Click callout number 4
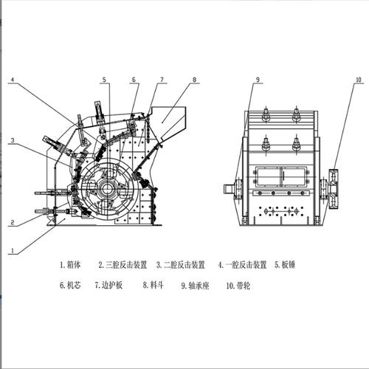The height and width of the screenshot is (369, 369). click(x=13, y=80)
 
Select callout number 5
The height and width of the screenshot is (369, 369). click(x=104, y=80)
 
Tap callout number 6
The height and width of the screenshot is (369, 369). click(x=134, y=80)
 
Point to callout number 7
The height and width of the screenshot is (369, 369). click(x=162, y=80)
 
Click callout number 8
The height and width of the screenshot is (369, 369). click(x=194, y=80)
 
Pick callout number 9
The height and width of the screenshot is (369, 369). click(x=258, y=80)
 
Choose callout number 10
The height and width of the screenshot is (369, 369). click(x=359, y=80)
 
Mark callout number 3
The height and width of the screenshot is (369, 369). click(x=13, y=140)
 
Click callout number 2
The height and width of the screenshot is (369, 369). click(x=12, y=223)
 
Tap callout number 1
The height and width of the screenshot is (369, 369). click(x=13, y=251)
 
